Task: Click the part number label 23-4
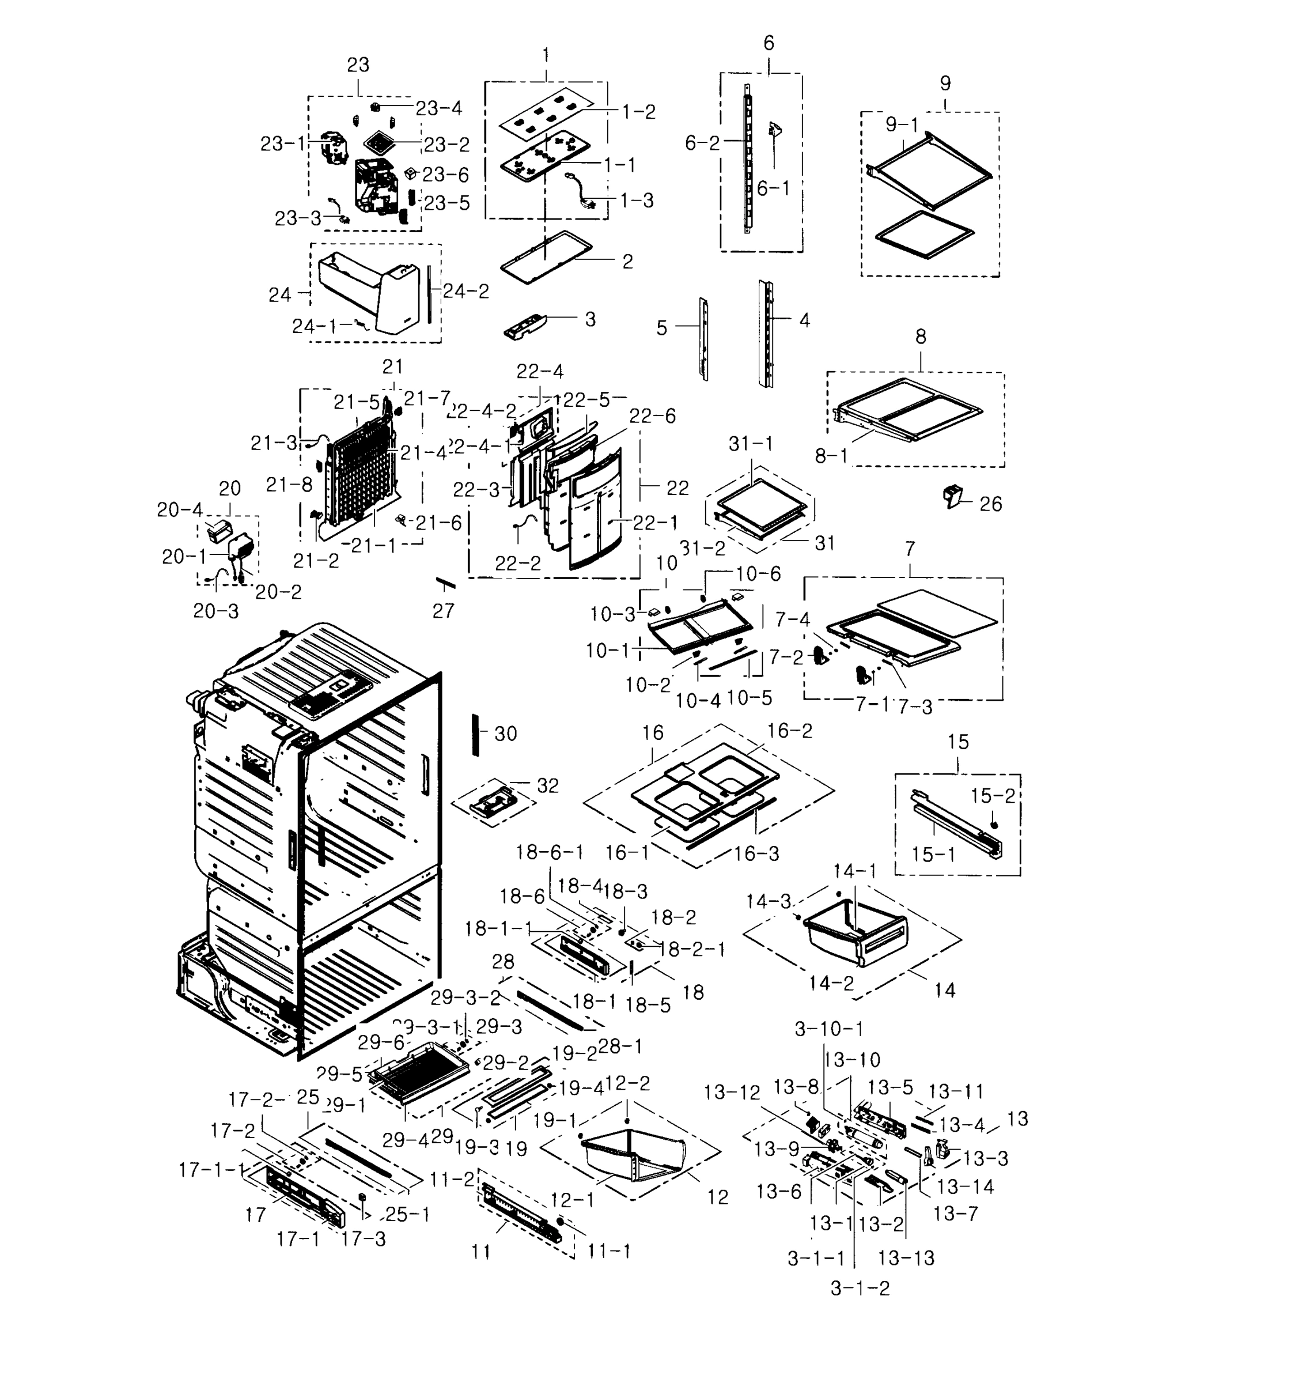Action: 438,108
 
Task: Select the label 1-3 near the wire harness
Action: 637,201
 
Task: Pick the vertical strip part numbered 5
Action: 704,339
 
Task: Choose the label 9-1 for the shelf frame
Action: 902,125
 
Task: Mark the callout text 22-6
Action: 652,416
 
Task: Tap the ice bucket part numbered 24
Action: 369,292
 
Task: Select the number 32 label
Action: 547,785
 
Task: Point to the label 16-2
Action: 789,731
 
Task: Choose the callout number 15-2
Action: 993,796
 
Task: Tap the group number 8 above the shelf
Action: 920,337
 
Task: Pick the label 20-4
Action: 179,510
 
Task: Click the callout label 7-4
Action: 792,619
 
